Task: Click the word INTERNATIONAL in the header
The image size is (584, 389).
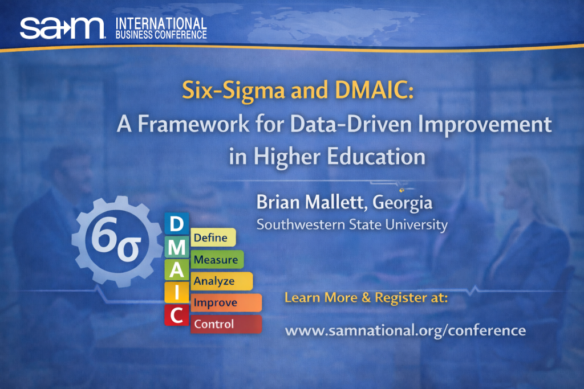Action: point(161,23)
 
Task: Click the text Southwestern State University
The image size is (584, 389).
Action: point(352,224)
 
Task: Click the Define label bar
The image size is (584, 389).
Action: point(213,238)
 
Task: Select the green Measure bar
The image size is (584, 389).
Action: point(217,260)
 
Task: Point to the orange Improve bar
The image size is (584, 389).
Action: point(226,302)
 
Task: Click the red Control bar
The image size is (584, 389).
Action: point(226,324)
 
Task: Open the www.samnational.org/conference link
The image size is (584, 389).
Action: point(405,330)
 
